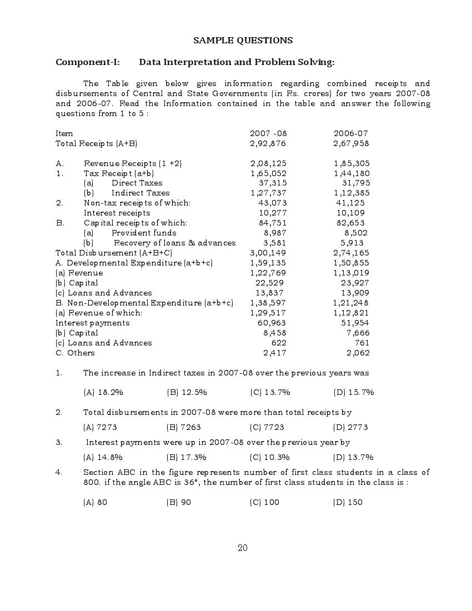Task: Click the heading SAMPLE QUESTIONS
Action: (x=243, y=41)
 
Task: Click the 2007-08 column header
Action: (x=268, y=133)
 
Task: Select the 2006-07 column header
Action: (x=350, y=133)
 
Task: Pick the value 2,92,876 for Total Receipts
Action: (x=268, y=143)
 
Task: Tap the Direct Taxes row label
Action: (x=137, y=183)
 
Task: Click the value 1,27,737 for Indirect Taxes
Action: (x=268, y=193)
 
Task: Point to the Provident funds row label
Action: (x=144, y=233)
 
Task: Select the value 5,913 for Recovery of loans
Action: (x=352, y=243)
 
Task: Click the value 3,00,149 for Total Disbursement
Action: (x=268, y=253)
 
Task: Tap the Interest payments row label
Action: (x=92, y=323)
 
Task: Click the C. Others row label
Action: (x=75, y=353)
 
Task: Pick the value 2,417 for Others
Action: (x=274, y=353)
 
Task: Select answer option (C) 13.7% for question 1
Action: (x=270, y=392)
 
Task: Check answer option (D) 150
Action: (x=348, y=502)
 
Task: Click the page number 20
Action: (x=243, y=548)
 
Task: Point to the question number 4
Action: (x=58, y=472)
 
